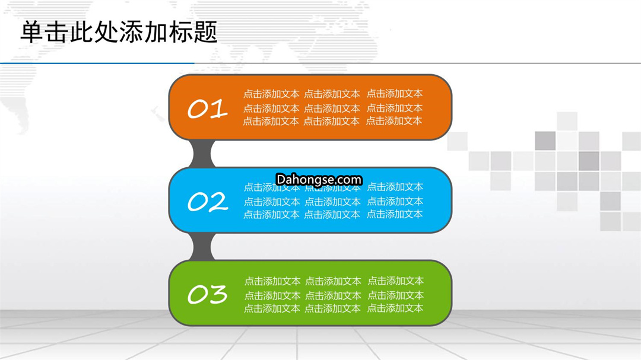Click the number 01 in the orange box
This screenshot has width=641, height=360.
coord(207,109)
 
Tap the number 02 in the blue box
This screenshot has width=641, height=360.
coord(208,202)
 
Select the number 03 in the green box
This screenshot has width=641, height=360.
coord(207,294)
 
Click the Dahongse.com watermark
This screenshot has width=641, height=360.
coord(319,179)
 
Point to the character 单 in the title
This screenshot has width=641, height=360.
coord(32,32)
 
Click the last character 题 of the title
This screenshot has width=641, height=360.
coord(205,32)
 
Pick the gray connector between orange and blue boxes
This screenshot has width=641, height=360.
coord(202,154)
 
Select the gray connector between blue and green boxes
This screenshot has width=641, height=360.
coord(202,246)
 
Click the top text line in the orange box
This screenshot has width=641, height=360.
coord(333,94)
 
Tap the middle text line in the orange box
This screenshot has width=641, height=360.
coord(333,108)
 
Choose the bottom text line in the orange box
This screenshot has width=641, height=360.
coord(332,121)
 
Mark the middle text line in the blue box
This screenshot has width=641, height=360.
coord(334,202)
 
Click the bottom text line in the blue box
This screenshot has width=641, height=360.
coord(333,214)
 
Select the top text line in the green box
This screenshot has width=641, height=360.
coord(334,281)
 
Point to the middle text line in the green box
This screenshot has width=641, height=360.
coord(334,295)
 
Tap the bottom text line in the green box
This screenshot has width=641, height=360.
coord(334,308)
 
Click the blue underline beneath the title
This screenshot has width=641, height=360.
coord(97,63)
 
